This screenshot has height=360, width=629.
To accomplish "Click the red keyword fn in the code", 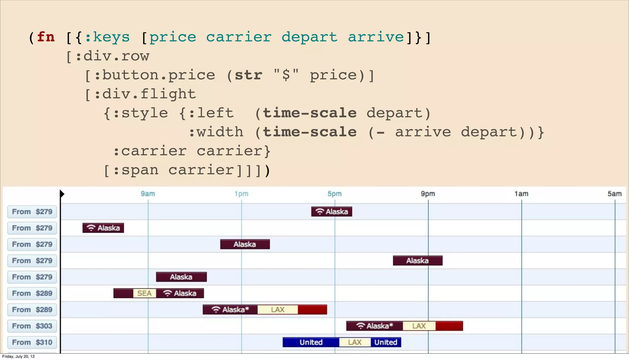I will [46, 37].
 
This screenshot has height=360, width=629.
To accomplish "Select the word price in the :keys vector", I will [173, 37].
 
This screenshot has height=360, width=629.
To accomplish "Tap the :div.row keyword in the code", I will [112, 56].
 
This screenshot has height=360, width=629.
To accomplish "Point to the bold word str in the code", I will [248, 75].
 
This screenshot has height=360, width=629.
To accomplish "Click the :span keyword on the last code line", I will [135, 170].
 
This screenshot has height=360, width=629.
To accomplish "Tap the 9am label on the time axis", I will [148, 194].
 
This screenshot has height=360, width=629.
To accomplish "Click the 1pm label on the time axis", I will [241, 194].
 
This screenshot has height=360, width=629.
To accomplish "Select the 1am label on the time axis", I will [521, 194].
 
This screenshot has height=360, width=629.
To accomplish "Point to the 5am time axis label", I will [614, 194].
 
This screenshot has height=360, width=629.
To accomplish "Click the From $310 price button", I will [32, 342].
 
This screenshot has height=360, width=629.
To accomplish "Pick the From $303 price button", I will [32, 326].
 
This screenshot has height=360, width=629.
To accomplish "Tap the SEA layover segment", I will [144, 293].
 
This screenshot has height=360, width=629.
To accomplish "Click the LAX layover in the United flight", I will [355, 342].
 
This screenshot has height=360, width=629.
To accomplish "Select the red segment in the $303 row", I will [449, 326].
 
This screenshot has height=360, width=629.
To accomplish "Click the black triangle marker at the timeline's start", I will [62, 194].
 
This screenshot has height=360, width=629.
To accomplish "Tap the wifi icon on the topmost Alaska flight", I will [320, 211].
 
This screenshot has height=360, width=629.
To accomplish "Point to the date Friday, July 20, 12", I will [18, 356].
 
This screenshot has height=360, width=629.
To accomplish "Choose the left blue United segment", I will [311, 342].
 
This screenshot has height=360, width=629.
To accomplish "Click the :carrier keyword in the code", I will [150, 151].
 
